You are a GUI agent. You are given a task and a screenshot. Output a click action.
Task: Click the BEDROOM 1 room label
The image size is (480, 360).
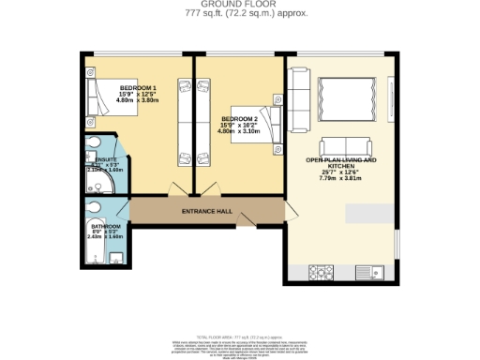point(138,88)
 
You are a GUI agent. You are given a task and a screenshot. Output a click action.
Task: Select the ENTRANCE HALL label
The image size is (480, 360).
point(206,212)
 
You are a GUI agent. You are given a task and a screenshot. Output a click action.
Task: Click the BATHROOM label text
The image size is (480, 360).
point(105,226)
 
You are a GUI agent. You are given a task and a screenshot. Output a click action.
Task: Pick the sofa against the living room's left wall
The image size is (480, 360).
point(296,93)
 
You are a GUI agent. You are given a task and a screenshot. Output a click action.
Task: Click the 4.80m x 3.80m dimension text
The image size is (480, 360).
point(138,99)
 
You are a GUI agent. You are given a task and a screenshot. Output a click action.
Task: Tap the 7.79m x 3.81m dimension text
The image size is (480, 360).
point(340,178)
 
